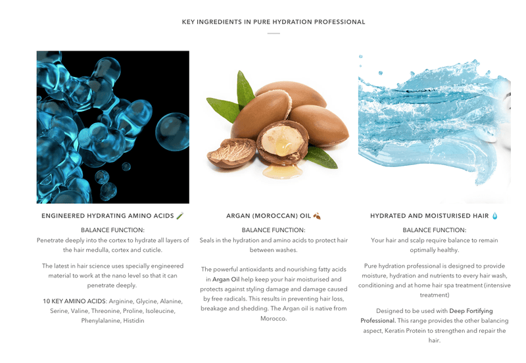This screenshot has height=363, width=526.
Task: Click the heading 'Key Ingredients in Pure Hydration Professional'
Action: (x=274, y=22)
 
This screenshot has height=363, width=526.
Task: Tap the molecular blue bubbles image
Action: (x=112, y=127)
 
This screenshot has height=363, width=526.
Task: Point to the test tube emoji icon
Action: (x=180, y=216)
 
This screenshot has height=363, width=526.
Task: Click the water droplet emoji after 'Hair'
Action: (x=495, y=216)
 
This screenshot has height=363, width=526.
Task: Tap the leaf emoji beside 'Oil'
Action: (x=317, y=216)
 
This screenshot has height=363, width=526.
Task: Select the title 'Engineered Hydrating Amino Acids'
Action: (x=108, y=216)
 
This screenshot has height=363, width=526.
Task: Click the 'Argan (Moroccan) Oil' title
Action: (x=269, y=216)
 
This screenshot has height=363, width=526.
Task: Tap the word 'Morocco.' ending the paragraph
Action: (x=274, y=319)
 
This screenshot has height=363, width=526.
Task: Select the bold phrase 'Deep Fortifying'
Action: (x=471, y=310)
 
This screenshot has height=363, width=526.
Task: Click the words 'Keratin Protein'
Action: (x=410, y=330)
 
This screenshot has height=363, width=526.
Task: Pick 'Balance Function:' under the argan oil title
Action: (x=274, y=230)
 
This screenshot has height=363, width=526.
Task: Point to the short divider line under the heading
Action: (x=274, y=33)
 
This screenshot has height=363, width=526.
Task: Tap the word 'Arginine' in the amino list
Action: (x=124, y=301)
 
